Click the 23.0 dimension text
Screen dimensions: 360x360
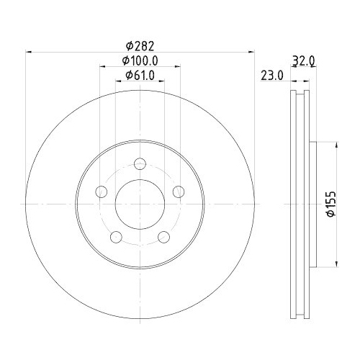pos(271,75)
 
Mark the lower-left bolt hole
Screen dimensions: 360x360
pos(115,237)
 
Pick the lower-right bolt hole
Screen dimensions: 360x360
pos(164,237)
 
